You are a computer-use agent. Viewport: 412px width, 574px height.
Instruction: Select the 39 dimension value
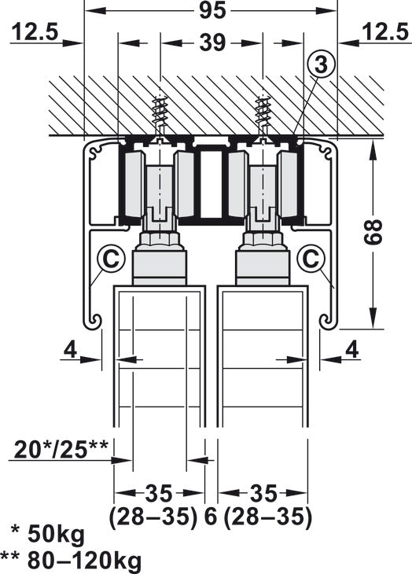tap(211, 43)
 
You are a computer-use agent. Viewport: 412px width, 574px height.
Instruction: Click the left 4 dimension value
tap(70, 348)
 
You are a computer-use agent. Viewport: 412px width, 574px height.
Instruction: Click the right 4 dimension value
tap(351, 348)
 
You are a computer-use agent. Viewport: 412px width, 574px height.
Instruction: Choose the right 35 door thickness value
tap(264, 495)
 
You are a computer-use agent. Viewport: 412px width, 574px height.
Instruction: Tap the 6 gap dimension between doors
tap(211, 517)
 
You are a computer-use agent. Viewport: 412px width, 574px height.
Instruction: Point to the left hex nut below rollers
tap(160, 240)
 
